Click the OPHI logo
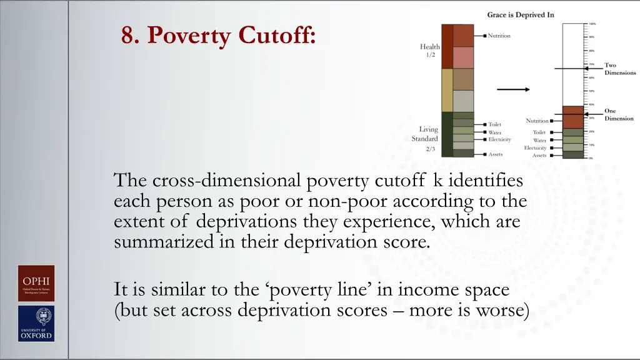click(36, 284)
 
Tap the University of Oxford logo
click(36, 323)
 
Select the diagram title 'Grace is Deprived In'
click(520, 15)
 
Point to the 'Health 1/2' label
click(429, 50)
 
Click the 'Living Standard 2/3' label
click(428, 139)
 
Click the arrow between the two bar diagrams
click(513, 89)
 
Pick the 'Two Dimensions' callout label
click(619, 69)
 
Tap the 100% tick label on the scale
click(592, 24)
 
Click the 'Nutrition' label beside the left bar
click(499, 36)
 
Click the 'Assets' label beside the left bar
click(495, 154)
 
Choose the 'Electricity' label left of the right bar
click(535, 148)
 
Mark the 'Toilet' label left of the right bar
click(539, 132)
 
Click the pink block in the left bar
click(463, 57)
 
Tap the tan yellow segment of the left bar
click(447, 90)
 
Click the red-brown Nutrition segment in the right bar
click(572, 117)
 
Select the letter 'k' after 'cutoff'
click(437, 181)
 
